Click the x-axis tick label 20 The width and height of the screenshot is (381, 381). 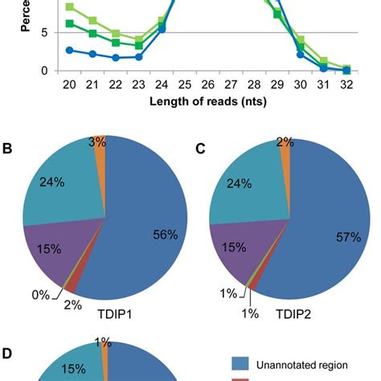(69, 85)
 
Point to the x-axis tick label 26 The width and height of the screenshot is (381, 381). (207, 85)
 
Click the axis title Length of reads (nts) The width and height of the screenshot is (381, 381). (208, 102)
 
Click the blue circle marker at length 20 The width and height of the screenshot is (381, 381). (69, 50)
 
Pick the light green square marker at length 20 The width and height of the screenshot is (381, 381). (69, 6)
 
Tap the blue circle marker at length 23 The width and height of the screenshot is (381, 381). (139, 57)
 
